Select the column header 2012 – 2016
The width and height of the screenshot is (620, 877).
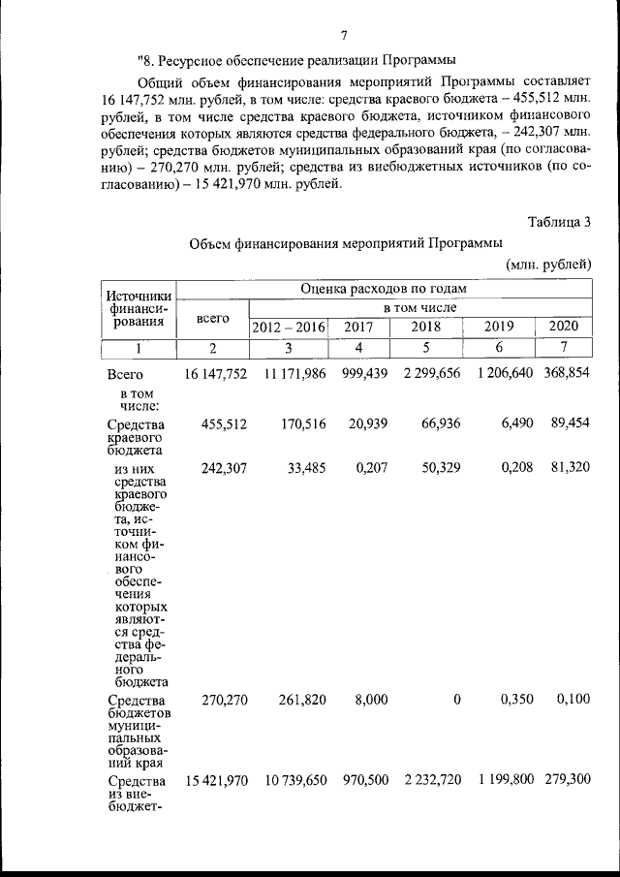290,327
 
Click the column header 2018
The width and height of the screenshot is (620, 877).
424,327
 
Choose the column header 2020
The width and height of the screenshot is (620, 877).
564,327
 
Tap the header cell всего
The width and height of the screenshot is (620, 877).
212,317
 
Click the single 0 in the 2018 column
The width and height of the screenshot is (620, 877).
456,700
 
